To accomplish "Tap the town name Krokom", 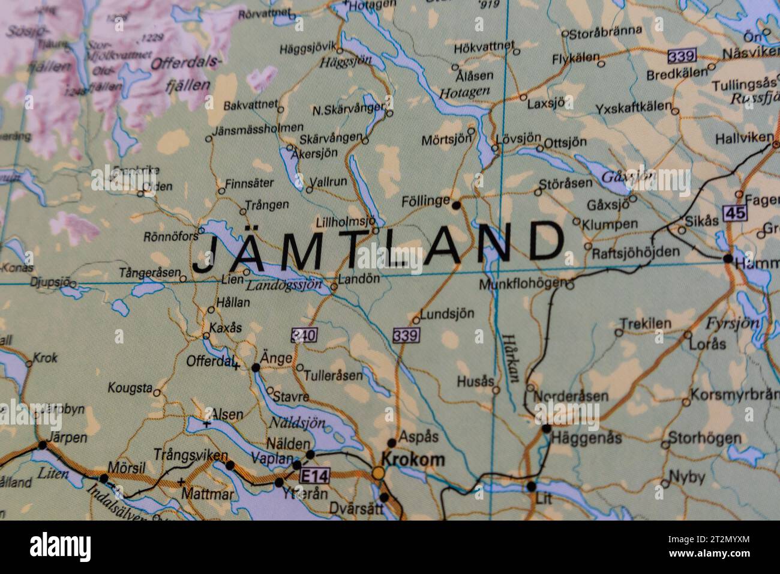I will pyautogui.click(x=413, y=460).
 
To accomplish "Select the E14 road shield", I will pyautogui.click(x=314, y=476).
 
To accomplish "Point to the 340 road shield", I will pyautogui.click(x=304, y=335).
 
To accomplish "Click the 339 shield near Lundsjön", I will pyautogui.click(x=406, y=335).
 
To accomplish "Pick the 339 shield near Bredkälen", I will pyautogui.click(x=682, y=56).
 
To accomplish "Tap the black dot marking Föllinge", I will pyautogui.click(x=456, y=205).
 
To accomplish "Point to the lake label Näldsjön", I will pyautogui.click(x=296, y=423).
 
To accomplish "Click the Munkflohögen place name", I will pyautogui.click(x=523, y=283).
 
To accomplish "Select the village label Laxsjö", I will pyautogui.click(x=547, y=103).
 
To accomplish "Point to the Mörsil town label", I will pyautogui.click(x=127, y=467).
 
